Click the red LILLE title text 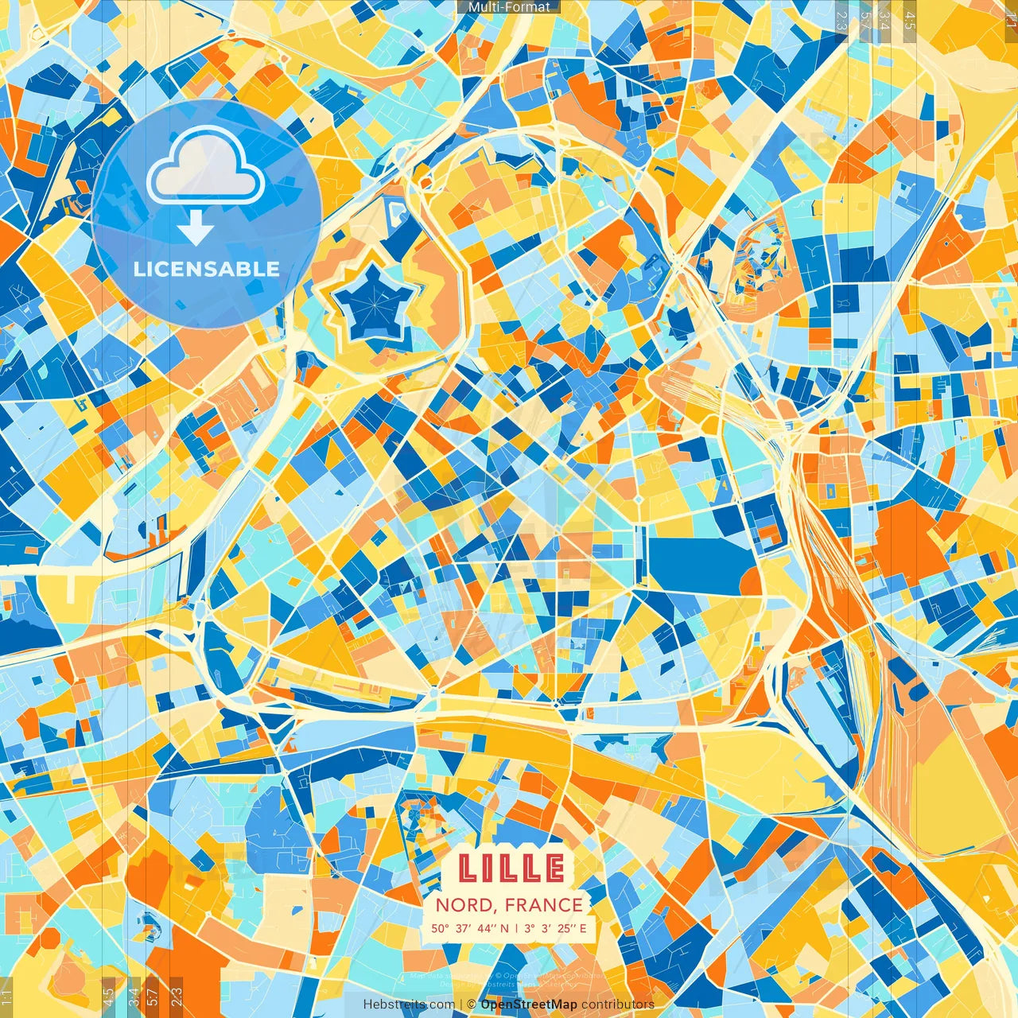tap(511, 868)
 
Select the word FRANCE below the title tap(543, 905)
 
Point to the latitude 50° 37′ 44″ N tap(469, 928)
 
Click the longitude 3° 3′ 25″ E tap(556, 928)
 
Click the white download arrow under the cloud tap(196, 228)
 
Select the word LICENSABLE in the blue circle tap(207, 269)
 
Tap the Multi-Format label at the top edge tap(509, 7)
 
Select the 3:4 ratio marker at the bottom tap(134, 996)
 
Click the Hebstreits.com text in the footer tap(409, 1004)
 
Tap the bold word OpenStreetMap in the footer tap(529, 1004)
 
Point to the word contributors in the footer tap(618, 1004)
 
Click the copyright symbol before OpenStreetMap tap(471, 1004)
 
